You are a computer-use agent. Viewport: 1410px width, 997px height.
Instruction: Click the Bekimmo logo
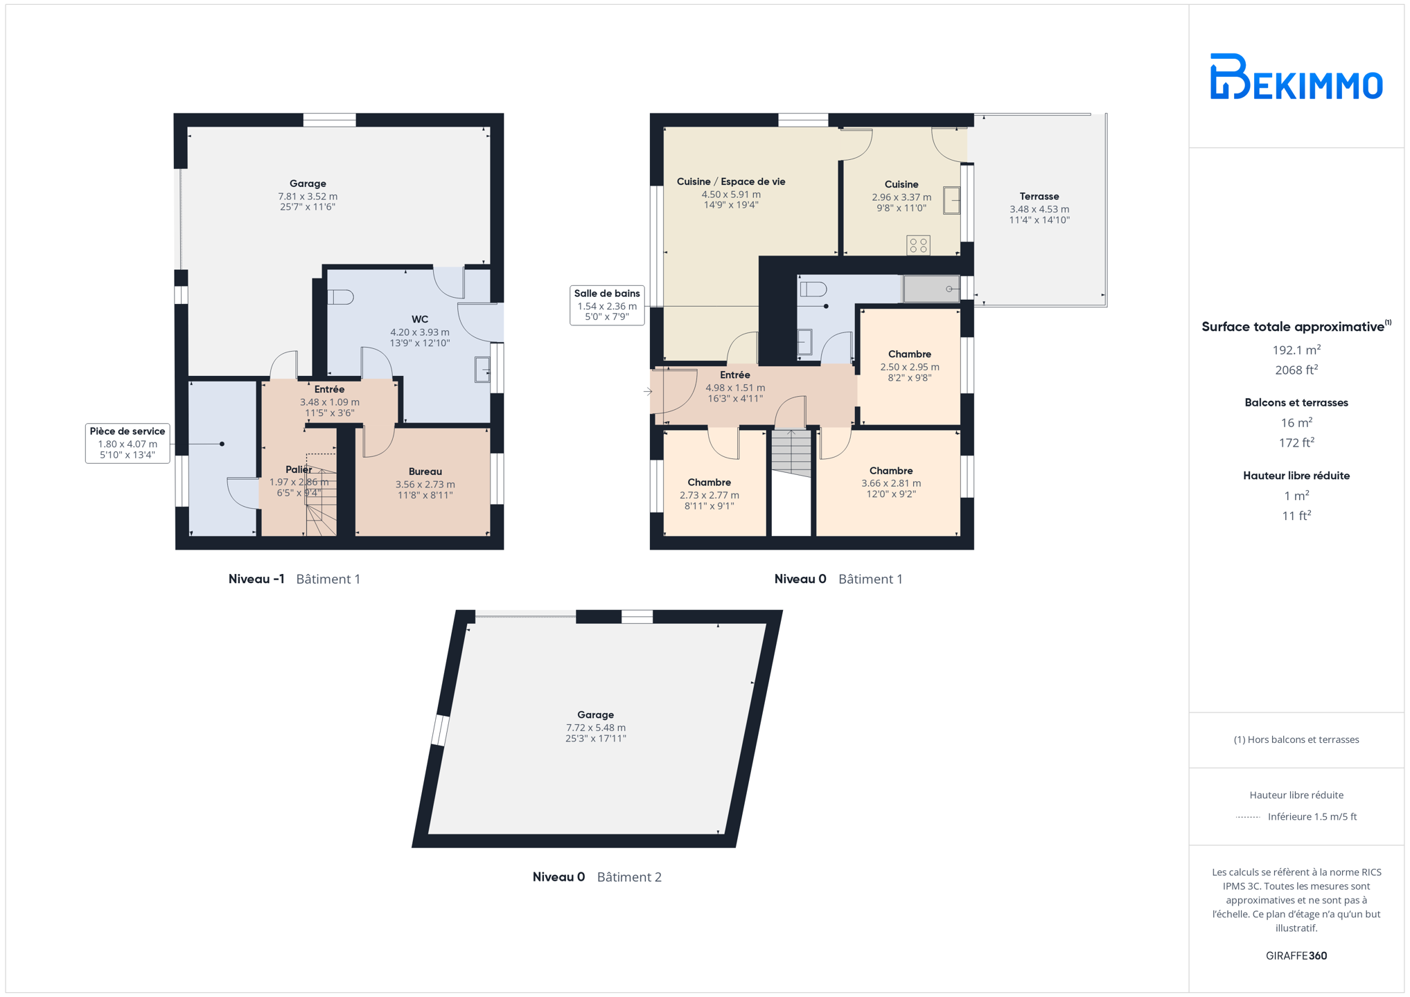(x=1296, y=76)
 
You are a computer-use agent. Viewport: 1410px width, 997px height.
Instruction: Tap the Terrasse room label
(x=1039, y=197)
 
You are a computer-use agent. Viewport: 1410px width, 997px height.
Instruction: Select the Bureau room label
(x=425, y=471)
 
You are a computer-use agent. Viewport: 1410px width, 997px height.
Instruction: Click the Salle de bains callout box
(x=607, y=305)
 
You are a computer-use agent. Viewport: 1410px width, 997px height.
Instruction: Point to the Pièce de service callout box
(x=127, y=443)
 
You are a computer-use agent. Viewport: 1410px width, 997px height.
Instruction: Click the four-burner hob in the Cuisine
(x=918, y=245)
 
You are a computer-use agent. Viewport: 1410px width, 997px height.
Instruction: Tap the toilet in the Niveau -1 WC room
(x=341, y=297)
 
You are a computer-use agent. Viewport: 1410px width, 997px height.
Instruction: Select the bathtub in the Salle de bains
(x=931, y=289)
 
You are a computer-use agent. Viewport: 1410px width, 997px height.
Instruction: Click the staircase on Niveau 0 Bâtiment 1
(x=791, y=453)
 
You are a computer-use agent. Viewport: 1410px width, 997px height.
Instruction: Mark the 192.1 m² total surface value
(x=1296, y=350)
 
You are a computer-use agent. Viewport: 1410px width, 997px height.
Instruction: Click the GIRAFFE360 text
(x=1296, y=955)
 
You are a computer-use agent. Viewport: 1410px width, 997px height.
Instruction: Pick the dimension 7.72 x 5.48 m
(x=595, y=728)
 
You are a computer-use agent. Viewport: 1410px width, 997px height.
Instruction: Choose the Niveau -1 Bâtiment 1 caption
(x=294, y=579)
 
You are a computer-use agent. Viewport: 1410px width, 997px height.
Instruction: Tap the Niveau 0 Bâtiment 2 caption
(x=597, y=877)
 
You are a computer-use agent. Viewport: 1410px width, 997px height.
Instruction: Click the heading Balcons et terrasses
(x=1296, y=402)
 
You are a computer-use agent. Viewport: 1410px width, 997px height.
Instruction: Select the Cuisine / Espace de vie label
(x=731, y=181)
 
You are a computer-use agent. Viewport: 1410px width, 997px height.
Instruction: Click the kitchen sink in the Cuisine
(x=951, y=201)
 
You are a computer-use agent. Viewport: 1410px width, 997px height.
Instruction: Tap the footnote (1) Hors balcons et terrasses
(x=1296, y=739)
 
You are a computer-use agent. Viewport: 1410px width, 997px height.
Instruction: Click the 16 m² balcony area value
(x=1296, y=422)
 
